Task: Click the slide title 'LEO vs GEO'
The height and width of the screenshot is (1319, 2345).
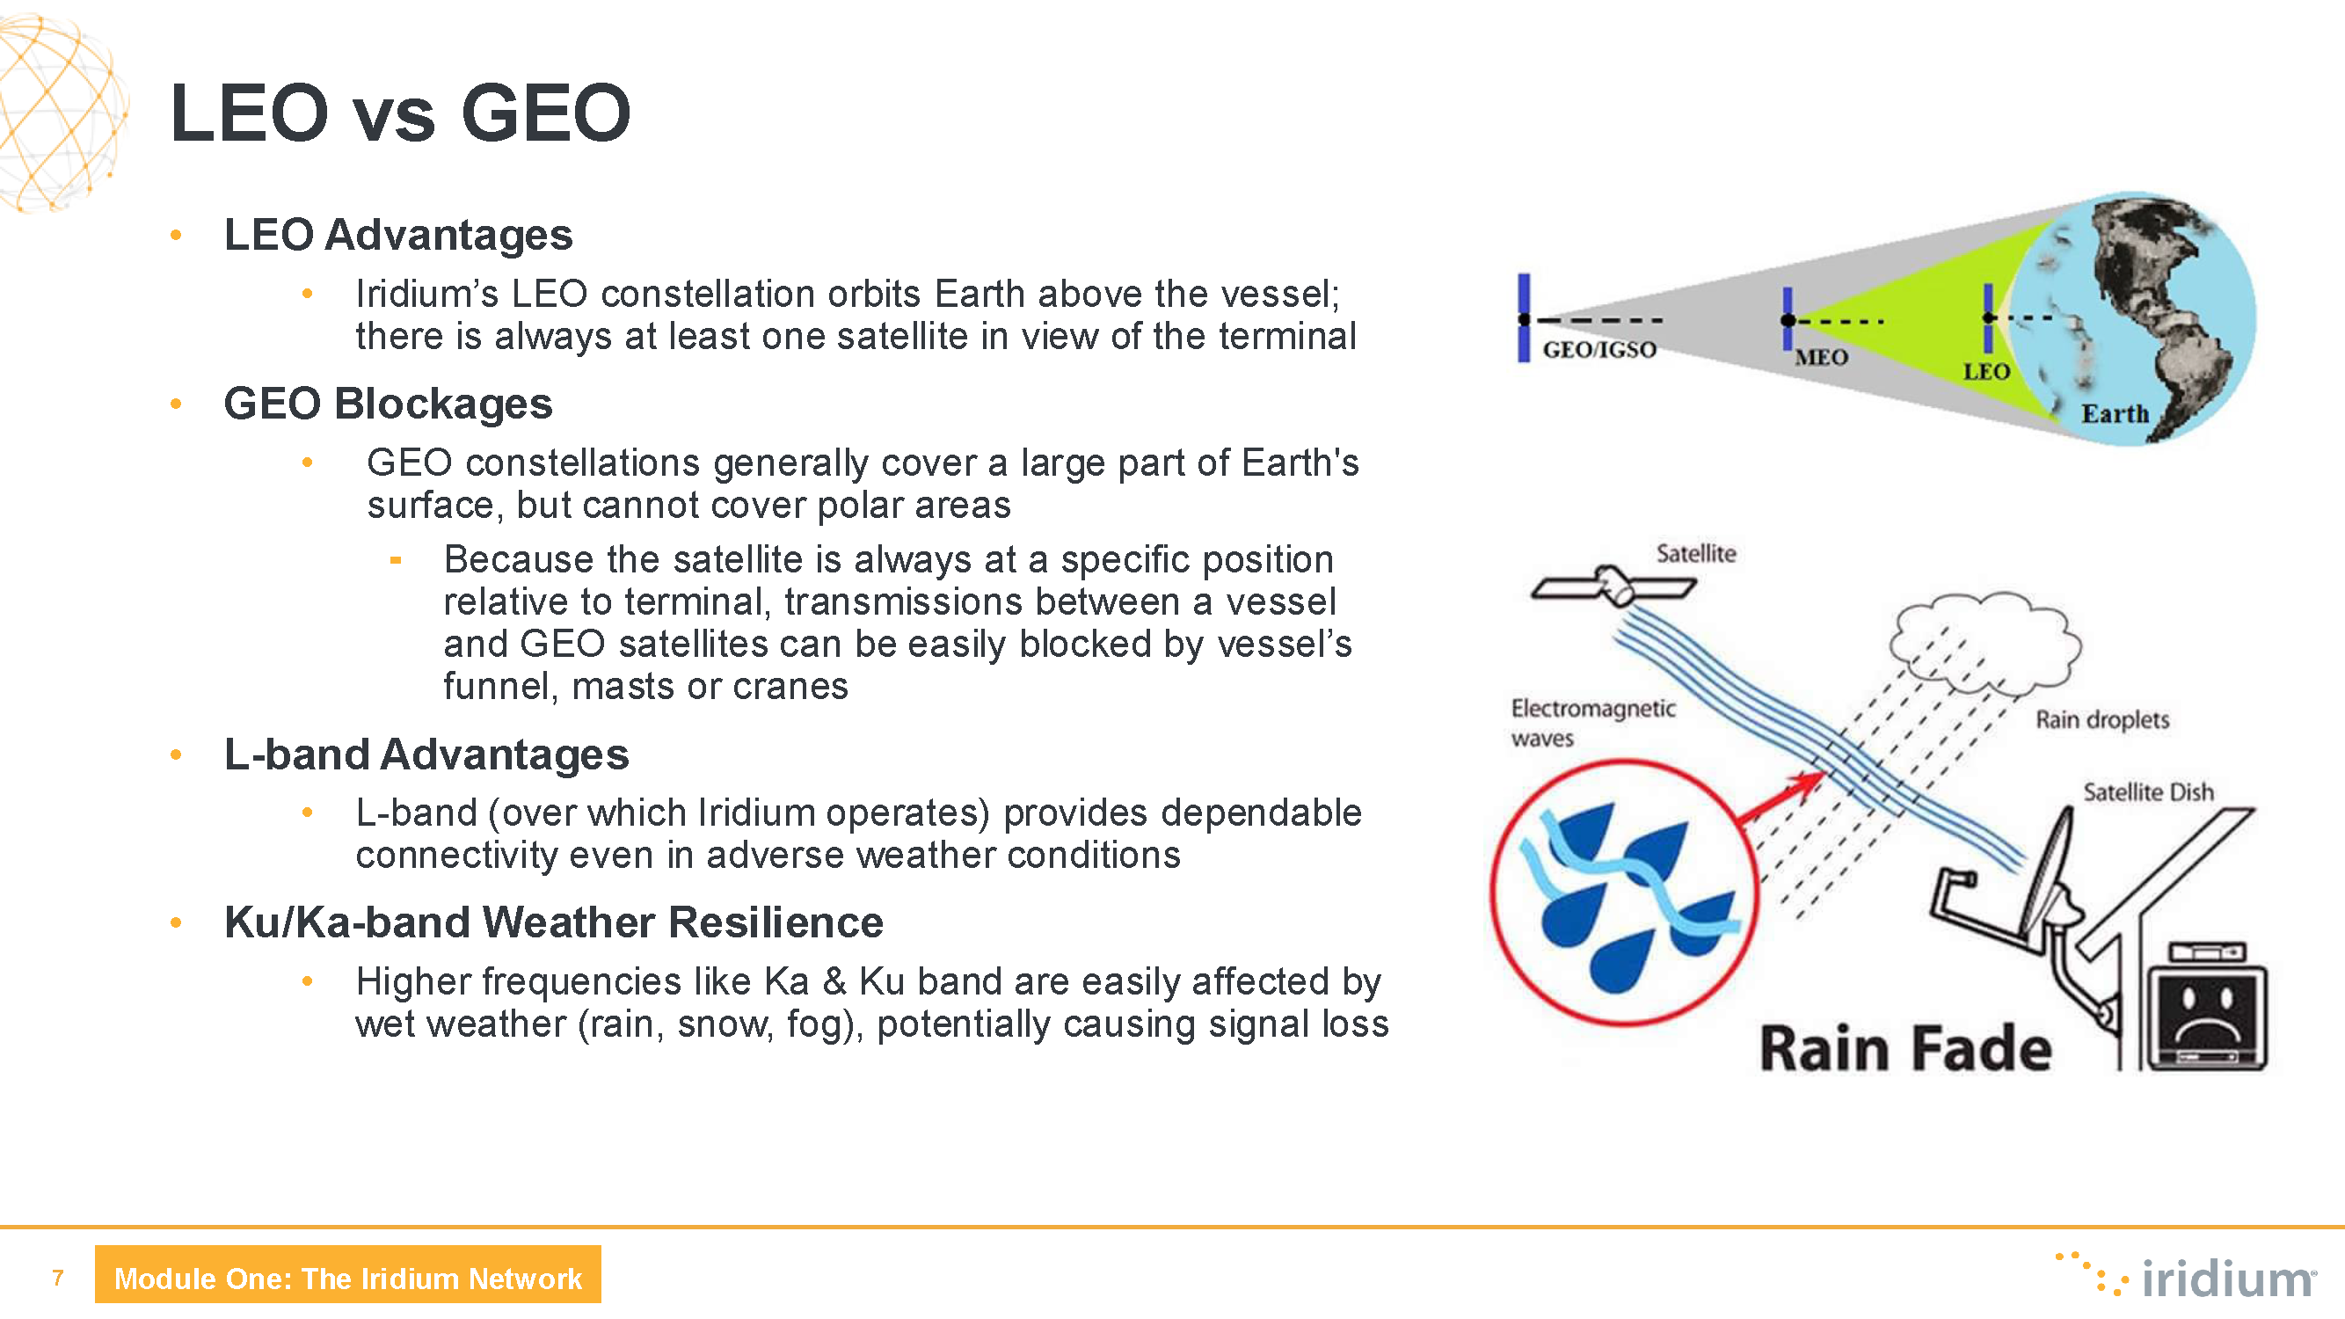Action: (400, 113)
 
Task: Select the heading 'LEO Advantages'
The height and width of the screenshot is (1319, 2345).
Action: (397, 235)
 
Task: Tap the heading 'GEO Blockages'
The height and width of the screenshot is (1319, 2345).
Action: (388, 404)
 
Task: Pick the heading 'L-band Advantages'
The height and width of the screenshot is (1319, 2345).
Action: (426, 754)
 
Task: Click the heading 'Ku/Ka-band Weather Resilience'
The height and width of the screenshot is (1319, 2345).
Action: (553, 922)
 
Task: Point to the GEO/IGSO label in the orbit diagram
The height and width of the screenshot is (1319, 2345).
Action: (1599, 350)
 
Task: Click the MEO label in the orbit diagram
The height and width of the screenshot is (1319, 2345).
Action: (1821, 357)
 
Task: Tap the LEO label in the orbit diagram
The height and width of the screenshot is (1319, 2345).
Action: (1986, 371)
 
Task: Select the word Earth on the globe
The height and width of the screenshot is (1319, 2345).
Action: (2115, 413)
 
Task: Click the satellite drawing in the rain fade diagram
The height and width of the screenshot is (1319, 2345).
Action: (1613, 587)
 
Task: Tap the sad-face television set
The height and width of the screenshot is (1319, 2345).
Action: (2208, 1007)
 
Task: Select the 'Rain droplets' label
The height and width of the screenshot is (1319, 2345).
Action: (2102, 720)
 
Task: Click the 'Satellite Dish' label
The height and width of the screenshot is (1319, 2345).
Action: (2148, 792)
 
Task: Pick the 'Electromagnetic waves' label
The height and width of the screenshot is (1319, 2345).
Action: (1593, 723)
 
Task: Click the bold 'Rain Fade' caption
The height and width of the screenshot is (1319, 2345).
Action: (1905, 1049)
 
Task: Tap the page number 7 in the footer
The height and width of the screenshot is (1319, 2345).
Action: (58, 1278)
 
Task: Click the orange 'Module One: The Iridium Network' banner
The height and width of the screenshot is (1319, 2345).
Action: (347, 1274)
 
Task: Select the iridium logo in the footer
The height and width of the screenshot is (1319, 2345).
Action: (2185, 1276)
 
